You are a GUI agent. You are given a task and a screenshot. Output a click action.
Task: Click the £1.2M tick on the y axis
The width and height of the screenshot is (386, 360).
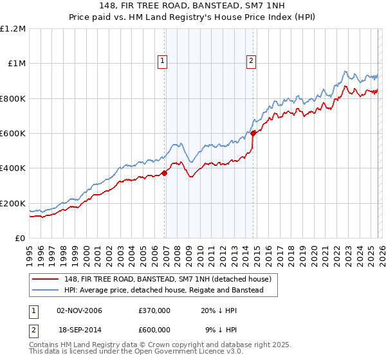pos(13,29)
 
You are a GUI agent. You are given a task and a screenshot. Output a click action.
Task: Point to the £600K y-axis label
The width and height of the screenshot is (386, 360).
pos(13,134)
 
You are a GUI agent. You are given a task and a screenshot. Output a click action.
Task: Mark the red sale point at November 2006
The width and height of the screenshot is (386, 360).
pos(165,172)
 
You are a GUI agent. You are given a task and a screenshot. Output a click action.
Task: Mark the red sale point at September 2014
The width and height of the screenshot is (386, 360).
pos(253,133)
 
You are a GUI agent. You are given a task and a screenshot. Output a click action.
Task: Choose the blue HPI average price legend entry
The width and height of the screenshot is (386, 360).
pos(163,291)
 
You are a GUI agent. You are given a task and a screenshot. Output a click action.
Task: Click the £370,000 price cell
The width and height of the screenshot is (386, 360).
pos(154,310)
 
